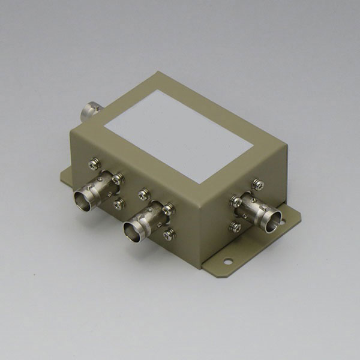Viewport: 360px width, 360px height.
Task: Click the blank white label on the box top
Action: [178, 135]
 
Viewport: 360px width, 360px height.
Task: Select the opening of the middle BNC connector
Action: [133, 231]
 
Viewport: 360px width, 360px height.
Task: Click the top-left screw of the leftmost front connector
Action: [94, 162]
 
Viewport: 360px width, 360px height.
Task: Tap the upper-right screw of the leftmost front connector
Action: [119, 178]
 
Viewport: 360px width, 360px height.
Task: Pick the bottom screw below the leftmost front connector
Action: [119, 204]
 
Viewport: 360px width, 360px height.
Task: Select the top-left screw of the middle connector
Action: [143, 194]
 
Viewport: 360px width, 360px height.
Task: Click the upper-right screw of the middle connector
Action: [169, 209]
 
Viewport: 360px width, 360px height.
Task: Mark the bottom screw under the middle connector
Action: [169, 235]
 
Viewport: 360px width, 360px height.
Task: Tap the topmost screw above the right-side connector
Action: [257, 184]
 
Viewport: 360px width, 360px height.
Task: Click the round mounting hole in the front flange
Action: [227, 261]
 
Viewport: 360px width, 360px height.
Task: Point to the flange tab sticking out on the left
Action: [65, 175]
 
